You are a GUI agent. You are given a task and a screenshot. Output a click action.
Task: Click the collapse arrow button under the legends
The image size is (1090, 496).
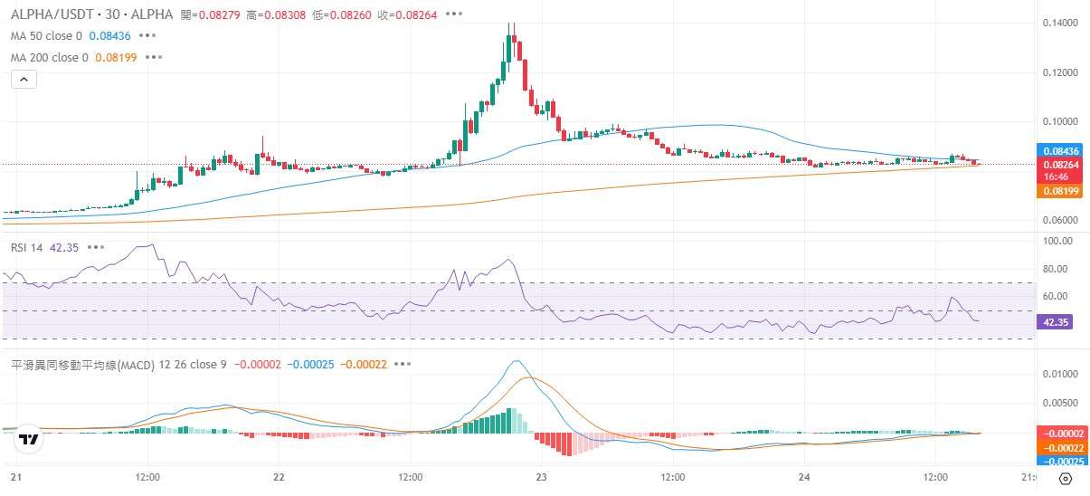click(24, 80)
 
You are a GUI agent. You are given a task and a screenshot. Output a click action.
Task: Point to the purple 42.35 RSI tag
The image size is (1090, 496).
click(1055, 321)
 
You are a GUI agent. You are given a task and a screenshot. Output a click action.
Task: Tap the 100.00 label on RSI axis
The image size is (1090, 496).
click(1057, 242)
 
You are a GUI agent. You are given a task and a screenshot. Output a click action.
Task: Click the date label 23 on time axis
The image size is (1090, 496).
click(540, 477)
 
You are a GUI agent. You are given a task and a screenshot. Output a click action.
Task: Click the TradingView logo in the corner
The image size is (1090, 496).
click(28, 441)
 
